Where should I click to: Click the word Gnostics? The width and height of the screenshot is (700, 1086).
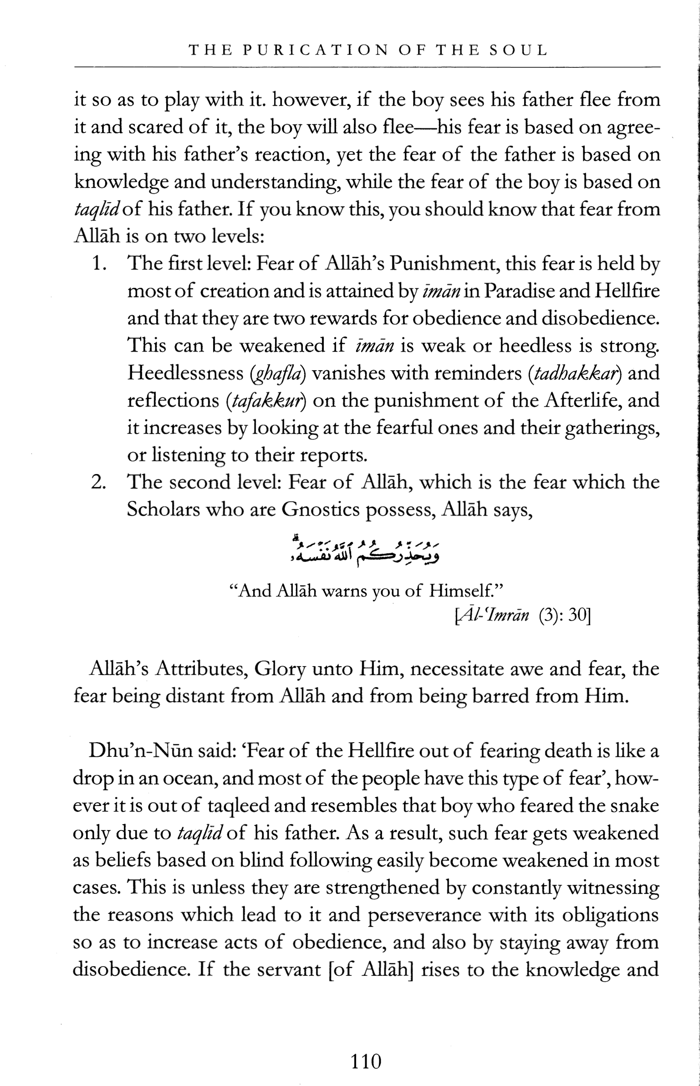point(322,510)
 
